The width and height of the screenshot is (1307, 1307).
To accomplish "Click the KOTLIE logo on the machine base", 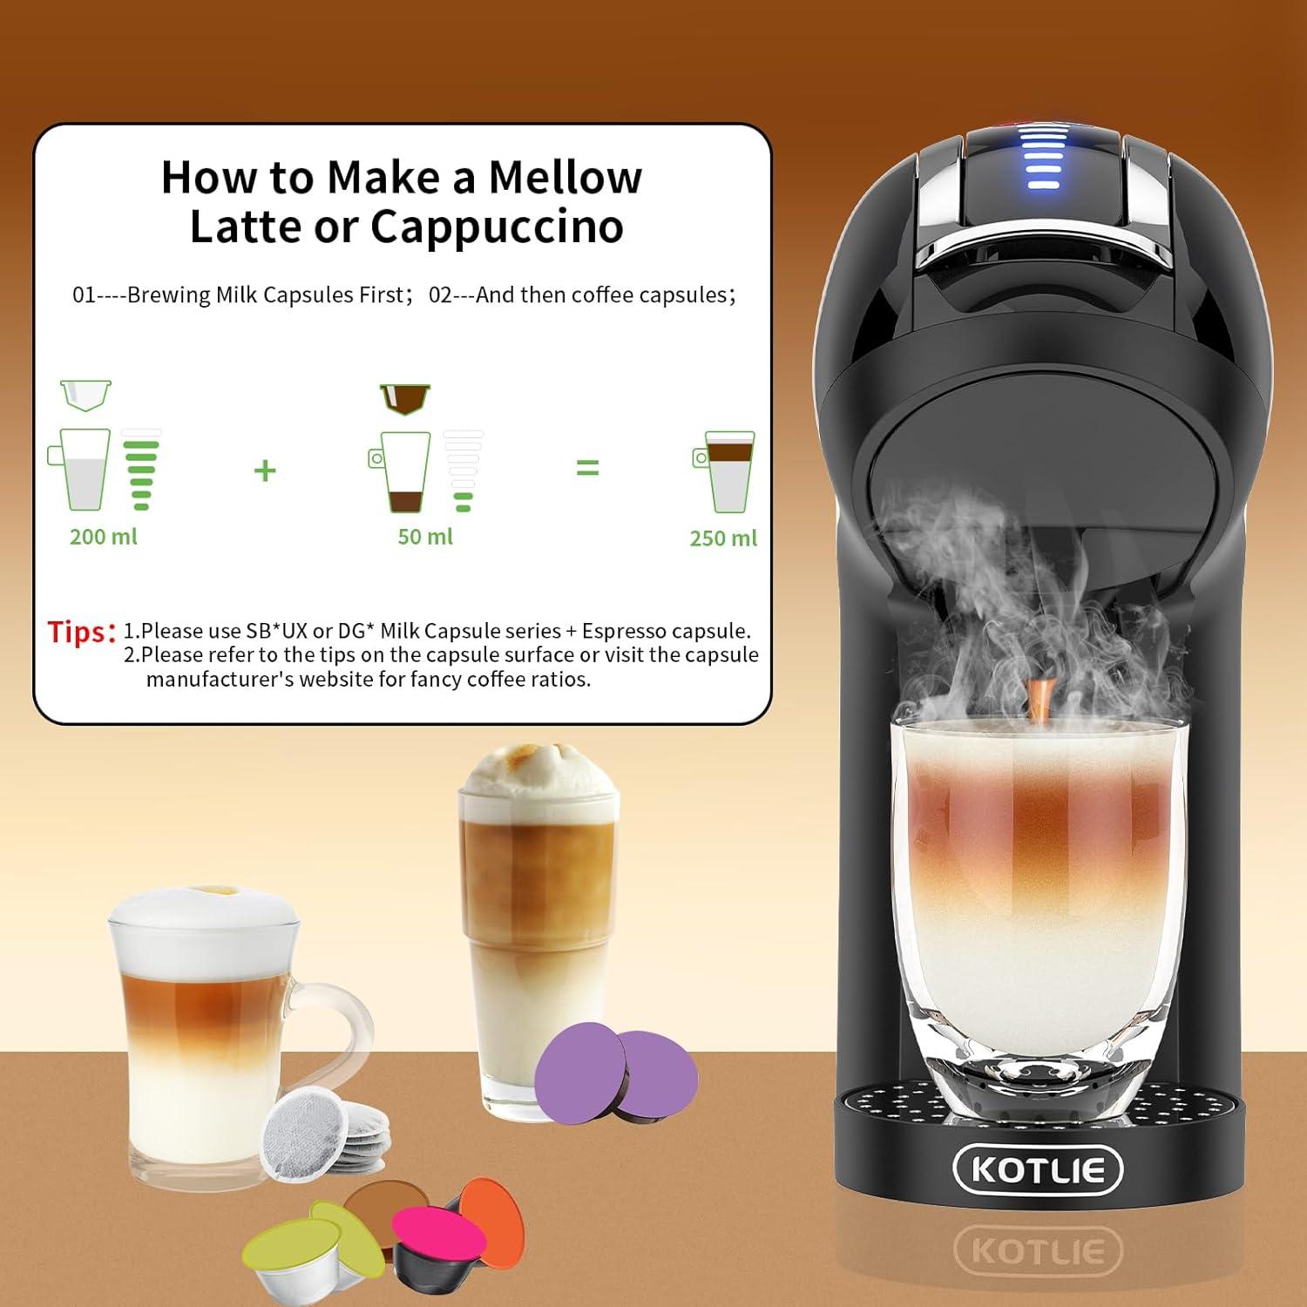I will (x=1038, y=1169).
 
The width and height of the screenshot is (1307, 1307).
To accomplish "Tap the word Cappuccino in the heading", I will (x=497, y=227).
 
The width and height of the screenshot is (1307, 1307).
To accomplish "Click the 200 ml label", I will (x=103, y=537).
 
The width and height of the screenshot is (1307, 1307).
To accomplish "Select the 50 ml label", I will (x=425, y=537).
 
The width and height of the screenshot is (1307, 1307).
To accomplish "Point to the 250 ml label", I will (x=723, y=538).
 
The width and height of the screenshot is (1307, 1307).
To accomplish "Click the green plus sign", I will (x=265, y=471).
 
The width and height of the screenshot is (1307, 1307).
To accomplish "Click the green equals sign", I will (x=588, y=469).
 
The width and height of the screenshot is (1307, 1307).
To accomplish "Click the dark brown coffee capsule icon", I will (x=405, y=397).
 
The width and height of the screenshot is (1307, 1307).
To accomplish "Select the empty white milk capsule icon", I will (x=85, y=394).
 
